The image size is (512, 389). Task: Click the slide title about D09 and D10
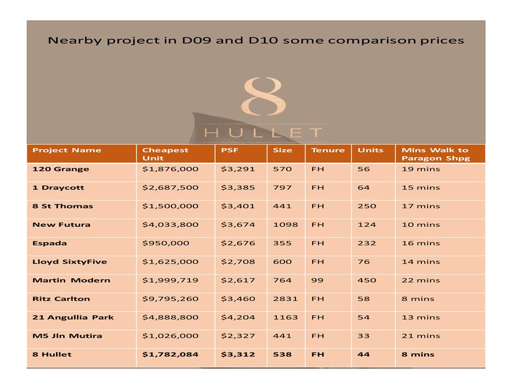click(256, 41)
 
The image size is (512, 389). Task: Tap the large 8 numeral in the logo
click(263, 96)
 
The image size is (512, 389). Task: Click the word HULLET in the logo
click(263, 132)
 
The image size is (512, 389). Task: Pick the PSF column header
click(230, 150)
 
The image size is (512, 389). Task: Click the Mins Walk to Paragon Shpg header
click(435, 154)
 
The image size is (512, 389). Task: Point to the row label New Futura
click(61, 225)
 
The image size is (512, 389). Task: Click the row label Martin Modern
click(71, 280)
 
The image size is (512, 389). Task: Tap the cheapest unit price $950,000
click(166, 244)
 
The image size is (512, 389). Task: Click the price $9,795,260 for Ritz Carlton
click(170, 299)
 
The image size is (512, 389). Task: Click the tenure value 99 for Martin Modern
click(317, 280)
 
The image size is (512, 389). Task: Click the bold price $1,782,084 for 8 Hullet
click(170, 355)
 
